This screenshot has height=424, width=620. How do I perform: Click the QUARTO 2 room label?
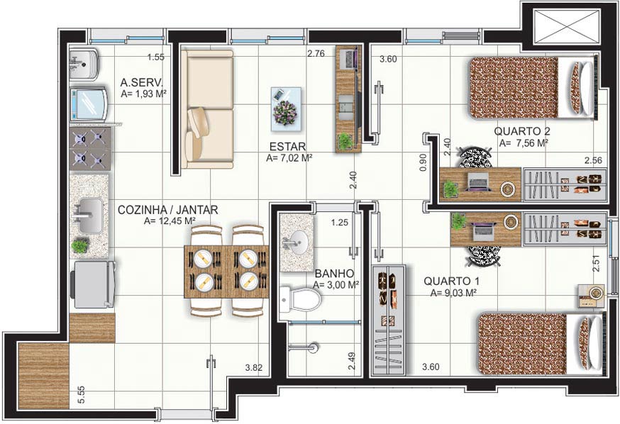pos(521,130)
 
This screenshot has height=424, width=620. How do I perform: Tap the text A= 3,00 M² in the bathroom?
pos(336,284)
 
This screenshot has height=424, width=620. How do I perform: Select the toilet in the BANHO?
pos(300,299)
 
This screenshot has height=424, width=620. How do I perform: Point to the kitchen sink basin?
pos(89,216)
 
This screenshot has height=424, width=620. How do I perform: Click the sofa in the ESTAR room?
pos(208,108)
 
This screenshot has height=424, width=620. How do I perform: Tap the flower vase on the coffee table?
pos(285,112)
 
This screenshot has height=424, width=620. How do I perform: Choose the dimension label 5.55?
pos(81,394)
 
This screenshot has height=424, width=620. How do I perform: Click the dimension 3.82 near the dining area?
pos(253,367)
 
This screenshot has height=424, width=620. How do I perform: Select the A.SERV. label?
pos(142,83)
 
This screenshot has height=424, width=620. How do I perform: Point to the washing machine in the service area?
pos(89,104)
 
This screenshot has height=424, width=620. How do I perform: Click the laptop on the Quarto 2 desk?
pos(480,183)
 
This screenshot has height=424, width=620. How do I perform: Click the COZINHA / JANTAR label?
pos(167,210)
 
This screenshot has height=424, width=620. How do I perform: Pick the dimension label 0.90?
pos(423,162)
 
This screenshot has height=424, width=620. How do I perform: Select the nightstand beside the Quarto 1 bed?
pos(591,296)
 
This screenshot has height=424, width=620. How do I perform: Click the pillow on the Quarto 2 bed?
pos(581,88)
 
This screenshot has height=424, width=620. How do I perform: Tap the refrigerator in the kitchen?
pos(94,284)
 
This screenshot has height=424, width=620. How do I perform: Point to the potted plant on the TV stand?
pos(345,140)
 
